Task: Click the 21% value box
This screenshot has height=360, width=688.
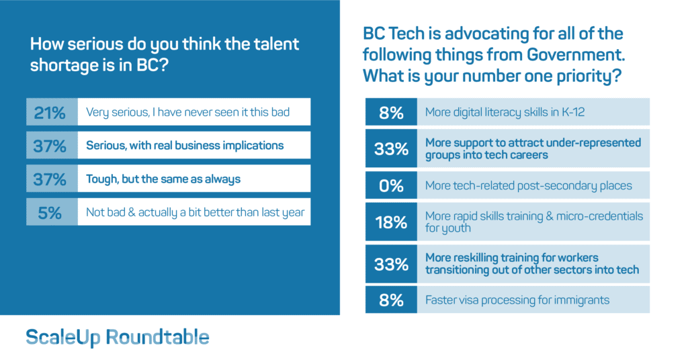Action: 50,112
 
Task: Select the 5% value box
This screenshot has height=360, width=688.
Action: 50,212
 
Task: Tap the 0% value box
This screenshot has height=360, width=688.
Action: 391,185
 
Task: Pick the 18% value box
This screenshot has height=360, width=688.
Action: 391,222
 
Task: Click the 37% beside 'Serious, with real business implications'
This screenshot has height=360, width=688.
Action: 50,145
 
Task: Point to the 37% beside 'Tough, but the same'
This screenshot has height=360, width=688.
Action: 50,179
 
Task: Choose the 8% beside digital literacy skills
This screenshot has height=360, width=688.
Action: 391,112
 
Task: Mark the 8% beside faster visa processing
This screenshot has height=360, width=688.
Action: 391,300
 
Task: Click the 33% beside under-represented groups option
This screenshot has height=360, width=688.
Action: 391,148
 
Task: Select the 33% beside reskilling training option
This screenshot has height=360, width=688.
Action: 391,263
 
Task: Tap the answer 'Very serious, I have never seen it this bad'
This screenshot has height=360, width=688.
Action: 188,112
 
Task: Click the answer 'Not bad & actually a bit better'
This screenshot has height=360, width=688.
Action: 195,212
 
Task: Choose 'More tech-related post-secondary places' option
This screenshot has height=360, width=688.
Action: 529,185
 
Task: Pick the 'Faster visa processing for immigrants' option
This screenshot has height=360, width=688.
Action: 517,300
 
